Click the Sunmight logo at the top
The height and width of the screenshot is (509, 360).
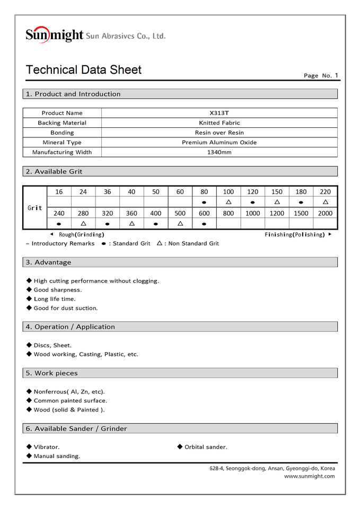pyautogui.click(x=55, y=35)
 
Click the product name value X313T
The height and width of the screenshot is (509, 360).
pyautogui.click(x=219, y=113)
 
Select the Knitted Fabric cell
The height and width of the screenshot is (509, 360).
pyautogui.click(x=219, y=123)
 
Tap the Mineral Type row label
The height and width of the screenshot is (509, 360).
pyautogui.click(x=62, y=143)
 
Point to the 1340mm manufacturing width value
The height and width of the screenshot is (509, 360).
pyautogui.click(x=219, y=152)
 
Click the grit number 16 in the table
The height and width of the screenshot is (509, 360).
pyautogui.click(x=58, y=192)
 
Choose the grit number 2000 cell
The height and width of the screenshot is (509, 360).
pyautogui.click(x=325, y=213)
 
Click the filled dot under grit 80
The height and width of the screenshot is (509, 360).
pyautogui.click(x=204, y=202)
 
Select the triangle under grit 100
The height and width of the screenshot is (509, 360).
pyautogui.click(x=228, y=202)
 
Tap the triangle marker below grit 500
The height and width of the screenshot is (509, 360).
pyautogui.click(x=180, y=224)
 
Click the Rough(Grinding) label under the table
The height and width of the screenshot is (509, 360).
pyautogui.click(x=81, y=234)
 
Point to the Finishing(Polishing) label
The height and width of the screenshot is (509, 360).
pyautogui.click(x=294, y=234)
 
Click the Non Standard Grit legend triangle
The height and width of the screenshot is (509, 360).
pyautogui.click(x=160, y=243)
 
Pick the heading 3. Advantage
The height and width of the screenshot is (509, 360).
pyautogui.click(x=48, y=262)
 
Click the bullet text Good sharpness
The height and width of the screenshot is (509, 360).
pyautogui.click(x=57, y=290)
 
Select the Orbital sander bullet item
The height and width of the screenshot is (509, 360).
pyautogui.click(x=206, y=447)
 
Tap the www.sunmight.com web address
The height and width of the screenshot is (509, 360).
pyautogui.click(x=309, y=476)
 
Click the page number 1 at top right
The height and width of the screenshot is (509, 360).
pyautogui.click(x=336, y=75)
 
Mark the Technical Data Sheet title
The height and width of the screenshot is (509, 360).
pyautogui.click(x=84, y=70)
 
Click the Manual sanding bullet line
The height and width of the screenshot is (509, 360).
pyautogui.click(x=57, y=456)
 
